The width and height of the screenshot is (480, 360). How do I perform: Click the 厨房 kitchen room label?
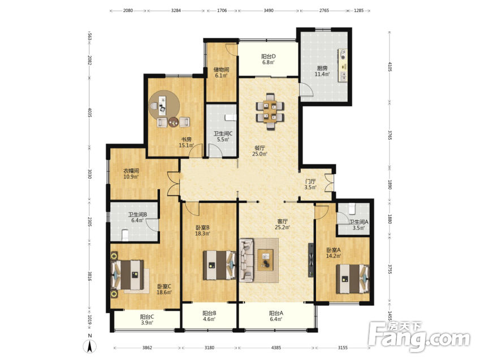[x=322, y=68]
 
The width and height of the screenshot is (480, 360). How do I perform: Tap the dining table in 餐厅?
[x=270, y=112]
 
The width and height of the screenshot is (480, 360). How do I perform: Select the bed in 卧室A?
[x=353, y=279]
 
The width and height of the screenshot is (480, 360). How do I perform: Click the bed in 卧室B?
[x=220, y=265]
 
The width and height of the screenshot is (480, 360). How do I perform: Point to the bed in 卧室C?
[x=127, y=275]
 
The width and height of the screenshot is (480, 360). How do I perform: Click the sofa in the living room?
[x=247, y=260]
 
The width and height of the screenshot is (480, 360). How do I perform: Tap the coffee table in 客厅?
[x=265, y=260]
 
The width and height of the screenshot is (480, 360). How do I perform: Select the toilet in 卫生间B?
[x=124, y=235]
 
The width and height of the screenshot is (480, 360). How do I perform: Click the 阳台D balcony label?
[x=269, y=57]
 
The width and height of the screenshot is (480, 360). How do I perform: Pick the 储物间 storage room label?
[x=221, y=70]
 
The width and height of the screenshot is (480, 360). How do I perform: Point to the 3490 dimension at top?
[x=269, y=10]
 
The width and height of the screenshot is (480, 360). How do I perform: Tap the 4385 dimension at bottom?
[x=276, y=348]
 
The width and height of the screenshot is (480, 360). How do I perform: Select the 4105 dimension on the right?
[x=390, y=67]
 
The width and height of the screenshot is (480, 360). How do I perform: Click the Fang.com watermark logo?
[x=419, y=337]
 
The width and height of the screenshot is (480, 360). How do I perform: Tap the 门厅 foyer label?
[x=310, y=181]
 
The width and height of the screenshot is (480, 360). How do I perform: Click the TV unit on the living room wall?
[x=311, y=260]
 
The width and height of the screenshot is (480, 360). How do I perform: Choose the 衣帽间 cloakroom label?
[x=131, y=171]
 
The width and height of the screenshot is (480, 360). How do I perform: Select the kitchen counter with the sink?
[x=343, y=65]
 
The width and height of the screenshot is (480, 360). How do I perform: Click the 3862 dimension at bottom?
[x=147, y=348]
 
